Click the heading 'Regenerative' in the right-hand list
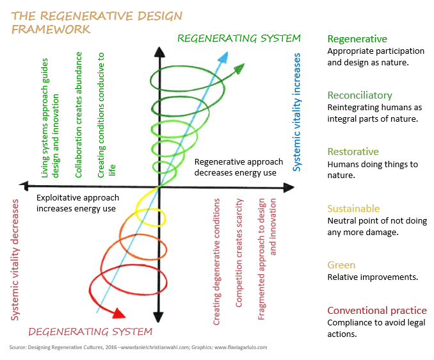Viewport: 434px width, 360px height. (x=357, y=39)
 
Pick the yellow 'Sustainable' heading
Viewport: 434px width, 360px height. (x=353, y=209)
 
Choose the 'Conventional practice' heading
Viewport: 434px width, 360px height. (x=376, y=311)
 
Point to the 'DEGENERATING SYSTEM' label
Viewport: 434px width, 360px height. (x=90, y=331)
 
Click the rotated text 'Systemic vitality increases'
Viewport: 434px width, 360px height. (x=296, y=111)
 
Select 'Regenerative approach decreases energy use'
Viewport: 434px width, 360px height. (x=236, y=167)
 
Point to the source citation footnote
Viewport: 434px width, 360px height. (x=138, y=347)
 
